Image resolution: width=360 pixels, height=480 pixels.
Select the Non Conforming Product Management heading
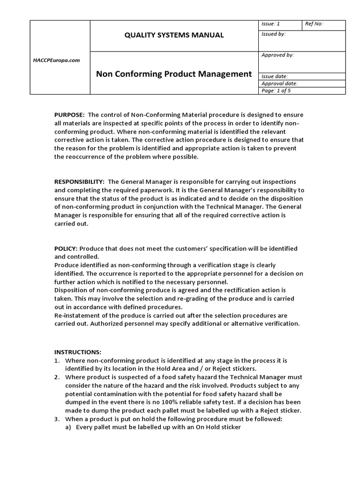tap(174, 74)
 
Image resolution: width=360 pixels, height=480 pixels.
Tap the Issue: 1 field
tap(270, 24)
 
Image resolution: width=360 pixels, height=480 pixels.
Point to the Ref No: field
tap(314, 24)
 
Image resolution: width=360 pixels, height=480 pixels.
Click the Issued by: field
tap(273, 34)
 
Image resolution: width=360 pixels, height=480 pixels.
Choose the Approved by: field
tap(277, 55)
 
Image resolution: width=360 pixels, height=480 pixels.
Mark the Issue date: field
tap(274, 76)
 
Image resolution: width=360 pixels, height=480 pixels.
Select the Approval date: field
tap(279, 83)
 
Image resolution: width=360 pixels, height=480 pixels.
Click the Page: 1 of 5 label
tap(276, 90)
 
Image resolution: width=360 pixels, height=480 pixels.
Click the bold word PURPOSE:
tap(69, 115)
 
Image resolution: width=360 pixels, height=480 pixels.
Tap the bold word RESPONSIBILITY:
tap(79, 181)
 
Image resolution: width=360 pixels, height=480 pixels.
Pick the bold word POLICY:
tap(66, 248)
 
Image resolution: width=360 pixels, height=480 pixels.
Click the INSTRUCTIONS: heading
tap(77, 352)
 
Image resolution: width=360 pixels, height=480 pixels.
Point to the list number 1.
tap(57, 360)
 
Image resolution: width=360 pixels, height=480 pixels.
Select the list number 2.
tap(57, 377)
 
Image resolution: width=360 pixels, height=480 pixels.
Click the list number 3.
tap(57, 419)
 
